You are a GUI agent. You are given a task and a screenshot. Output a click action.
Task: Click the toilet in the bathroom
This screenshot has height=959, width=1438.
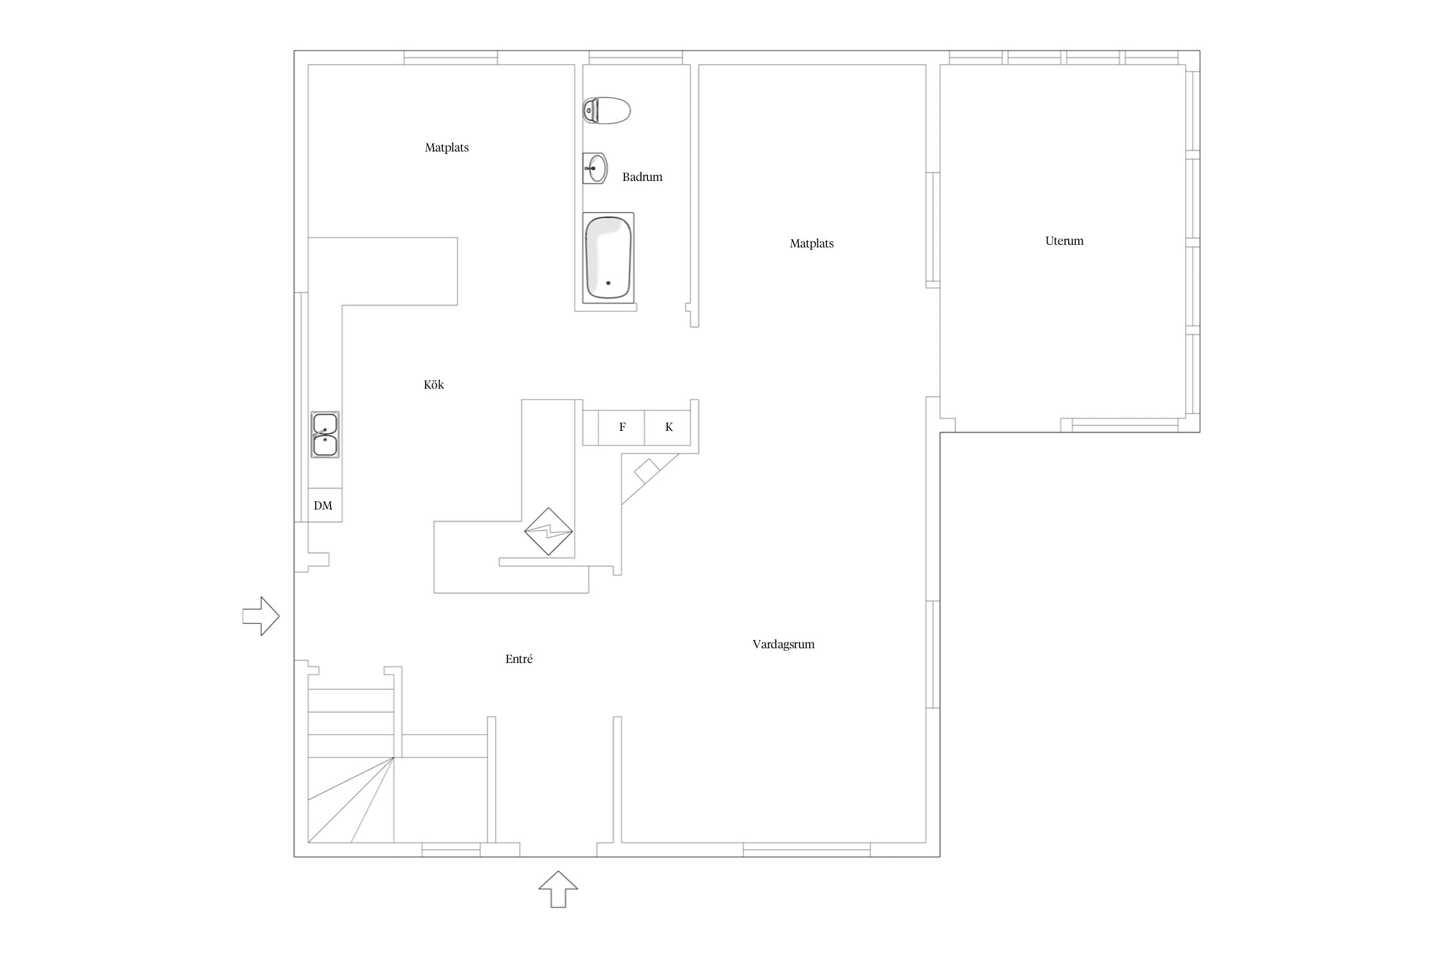pyautogui.click(x=607, y=111)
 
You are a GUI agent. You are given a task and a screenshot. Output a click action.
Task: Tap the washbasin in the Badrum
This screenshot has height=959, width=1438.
pyautogui.click(x=595, y=168)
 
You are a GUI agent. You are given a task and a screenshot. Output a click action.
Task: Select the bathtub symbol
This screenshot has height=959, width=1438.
pyautogui.click(x=608, y=258)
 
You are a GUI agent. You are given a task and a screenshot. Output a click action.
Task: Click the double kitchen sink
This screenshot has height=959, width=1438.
pyautogui.click(x=325, y=435)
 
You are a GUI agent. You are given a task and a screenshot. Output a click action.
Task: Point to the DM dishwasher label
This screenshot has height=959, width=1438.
pyautogui.click(x=323, y=506)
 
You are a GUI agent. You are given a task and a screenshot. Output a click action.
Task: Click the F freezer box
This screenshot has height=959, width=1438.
pyautogui.click(x=621, y=427)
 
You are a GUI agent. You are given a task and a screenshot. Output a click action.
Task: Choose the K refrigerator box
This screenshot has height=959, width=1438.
pyautogui.click(x=668, y=427)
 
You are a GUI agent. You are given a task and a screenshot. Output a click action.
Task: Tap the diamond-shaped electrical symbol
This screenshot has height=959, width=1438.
pyautogui.click(x=548, y=531)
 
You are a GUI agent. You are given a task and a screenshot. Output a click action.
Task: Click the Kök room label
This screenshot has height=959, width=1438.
pyautogui.click(x=434, y=385)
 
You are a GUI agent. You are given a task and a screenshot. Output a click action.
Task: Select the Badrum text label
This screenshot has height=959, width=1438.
pyautogui.click(x=642, y=177)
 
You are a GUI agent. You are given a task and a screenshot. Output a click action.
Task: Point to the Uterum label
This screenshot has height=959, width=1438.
pyautogui.click(x=1064, y=241)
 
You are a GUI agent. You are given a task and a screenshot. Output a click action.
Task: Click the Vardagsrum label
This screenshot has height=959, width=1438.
pyautogui.click(x=784, y=644)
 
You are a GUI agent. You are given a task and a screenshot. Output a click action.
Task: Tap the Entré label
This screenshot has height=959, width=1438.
pyautogui.click(x=519, y=659)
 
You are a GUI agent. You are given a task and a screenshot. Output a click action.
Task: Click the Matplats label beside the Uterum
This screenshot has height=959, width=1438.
pyautogui.click(x=812, y=244)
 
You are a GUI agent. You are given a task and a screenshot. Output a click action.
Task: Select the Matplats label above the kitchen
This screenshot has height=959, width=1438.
pyautogui.click(x=447, y=148)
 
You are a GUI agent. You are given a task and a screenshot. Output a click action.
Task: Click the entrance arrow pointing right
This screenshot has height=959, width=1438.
pyautogui.click(x=261, y=616)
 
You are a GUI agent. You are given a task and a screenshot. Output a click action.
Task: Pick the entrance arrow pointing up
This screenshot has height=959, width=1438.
pyautogui.click(x=558, y=889)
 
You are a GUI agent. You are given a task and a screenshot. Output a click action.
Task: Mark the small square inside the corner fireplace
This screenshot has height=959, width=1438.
pyautogui.click(x=646, y=471)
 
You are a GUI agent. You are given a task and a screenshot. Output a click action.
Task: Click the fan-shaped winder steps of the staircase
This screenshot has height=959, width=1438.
pyautogui.click(x=351, y=800)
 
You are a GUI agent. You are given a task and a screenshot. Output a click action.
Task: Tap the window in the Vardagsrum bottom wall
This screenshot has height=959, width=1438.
pyautogui.click(x=807, y=850)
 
